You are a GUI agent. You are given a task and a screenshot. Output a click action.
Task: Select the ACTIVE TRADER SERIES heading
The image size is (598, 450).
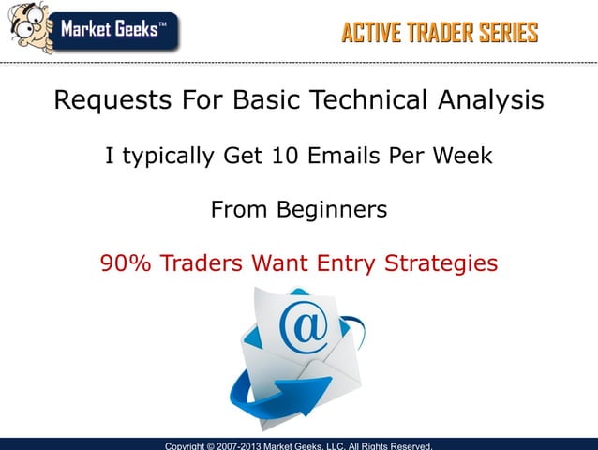(440, 34)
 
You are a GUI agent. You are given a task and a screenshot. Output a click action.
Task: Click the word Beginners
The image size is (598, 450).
(331, 210)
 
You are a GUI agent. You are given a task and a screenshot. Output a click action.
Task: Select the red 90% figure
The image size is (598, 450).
(127, 263)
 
